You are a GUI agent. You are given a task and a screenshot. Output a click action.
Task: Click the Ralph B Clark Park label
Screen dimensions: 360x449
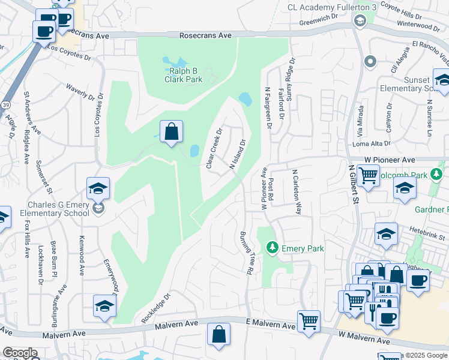[183, 74]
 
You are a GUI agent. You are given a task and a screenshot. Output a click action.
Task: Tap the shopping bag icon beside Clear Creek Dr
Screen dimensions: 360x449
[171, 131]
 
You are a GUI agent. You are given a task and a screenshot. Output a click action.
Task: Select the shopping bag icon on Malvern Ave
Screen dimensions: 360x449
[219, 334]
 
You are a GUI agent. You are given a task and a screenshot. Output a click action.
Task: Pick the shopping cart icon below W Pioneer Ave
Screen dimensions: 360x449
[367, 176]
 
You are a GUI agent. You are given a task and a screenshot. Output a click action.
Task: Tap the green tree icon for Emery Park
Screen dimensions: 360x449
[272, 248]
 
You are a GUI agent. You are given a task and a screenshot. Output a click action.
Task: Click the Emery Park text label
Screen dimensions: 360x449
[303, 248]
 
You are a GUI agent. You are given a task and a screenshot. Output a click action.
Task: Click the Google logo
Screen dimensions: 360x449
[19, 353]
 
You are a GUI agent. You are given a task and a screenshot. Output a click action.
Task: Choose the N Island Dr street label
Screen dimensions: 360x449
[238, 155]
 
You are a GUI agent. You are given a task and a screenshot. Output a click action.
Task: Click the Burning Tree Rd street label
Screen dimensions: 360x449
[245, 253]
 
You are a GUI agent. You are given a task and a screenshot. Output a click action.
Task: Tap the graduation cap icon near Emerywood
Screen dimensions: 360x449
[104, 307]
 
